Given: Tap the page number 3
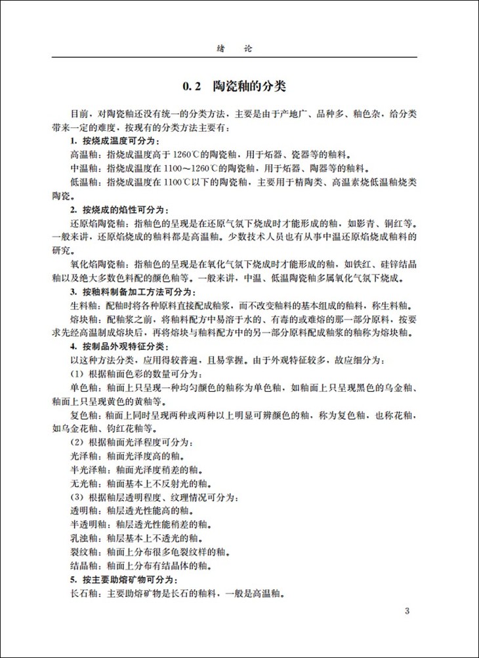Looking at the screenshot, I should (407, 612).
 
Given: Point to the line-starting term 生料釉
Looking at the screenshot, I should (83, 305).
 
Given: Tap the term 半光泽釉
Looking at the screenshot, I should (87, 469).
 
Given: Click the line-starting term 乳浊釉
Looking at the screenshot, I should (83, 537).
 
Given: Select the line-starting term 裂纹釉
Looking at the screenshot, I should (83, 551).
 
